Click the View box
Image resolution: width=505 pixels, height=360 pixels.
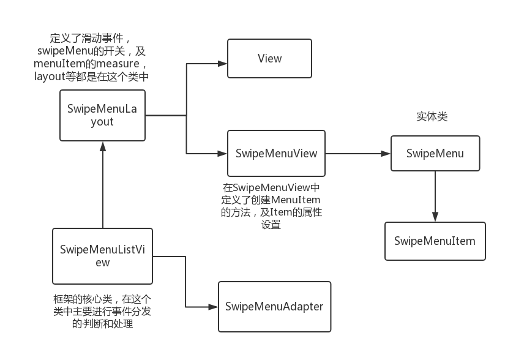269,59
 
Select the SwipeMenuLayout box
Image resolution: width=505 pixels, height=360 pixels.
102,115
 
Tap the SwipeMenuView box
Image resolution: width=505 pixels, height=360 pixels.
277,153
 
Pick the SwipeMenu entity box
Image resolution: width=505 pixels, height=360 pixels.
435,153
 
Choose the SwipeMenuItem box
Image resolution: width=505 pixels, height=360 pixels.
435,241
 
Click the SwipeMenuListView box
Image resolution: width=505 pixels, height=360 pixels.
102,255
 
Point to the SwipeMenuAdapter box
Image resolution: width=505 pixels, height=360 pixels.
274,307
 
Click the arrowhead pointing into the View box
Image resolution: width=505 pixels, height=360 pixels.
223,63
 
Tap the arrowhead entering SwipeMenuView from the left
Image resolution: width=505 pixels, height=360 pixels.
223,153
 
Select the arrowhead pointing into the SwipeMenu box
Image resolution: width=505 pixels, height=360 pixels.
386,153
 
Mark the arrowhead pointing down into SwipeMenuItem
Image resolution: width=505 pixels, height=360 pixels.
435,217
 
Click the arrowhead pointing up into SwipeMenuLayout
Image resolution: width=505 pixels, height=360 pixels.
103,146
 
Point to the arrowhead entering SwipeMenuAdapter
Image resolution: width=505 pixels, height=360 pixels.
214,307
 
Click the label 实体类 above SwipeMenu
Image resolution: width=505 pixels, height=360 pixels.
432,116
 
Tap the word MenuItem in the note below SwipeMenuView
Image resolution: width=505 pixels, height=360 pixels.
300,200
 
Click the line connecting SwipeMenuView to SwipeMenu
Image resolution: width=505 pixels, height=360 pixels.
358,153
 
